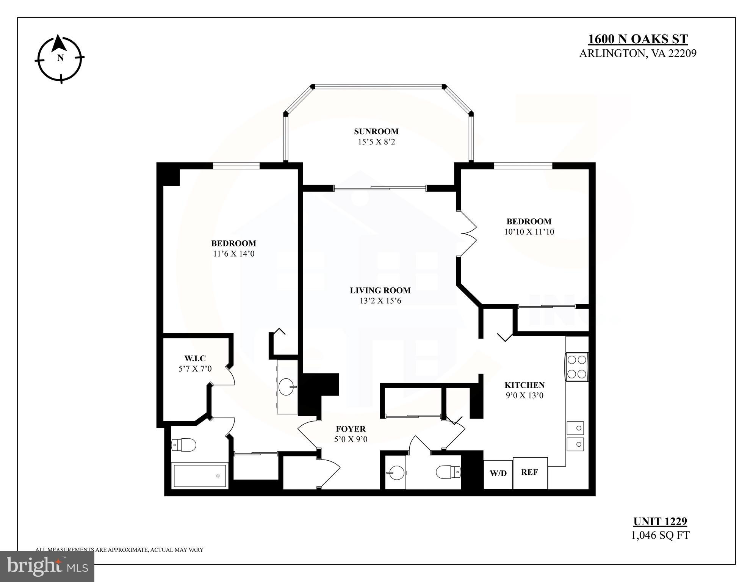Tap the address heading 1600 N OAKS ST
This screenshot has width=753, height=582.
pyautogui.click(x=638, y=39)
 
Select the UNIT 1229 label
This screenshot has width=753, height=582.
pyautogui.click(x=660, y=521)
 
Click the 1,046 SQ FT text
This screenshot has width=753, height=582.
pyautogui.click(x=660, y=535)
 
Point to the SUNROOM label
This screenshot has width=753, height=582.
pyautogui.click(x=376, y=132)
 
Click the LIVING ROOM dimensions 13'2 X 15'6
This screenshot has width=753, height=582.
pyautogui.click(x=380, y=301)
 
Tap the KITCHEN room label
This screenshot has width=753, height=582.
pyautogui.click(x=524, y=385)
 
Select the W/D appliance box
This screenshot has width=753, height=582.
pyautogui.click(x=498, y=473)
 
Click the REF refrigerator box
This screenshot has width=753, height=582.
pyautogui.click(x=530, y=472)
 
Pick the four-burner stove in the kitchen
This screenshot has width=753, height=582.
pyautogui.click(x=576, y=367)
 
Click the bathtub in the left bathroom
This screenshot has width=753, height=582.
pyautogui.click(x=200, y=476)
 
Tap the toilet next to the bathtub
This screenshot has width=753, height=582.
pyautogui.click(x=184, y=444)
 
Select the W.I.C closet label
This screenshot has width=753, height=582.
pyautogui.click(x=195, y=358)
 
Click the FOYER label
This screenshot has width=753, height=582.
pyautogui.click(x=351, y=429)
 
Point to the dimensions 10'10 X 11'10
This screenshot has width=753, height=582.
pyautogui.click(x=529, y=232)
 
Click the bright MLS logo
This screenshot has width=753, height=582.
pyautogui.click(x=47, y=566)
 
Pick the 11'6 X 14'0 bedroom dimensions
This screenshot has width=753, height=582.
pyautogui.click(x=234, y=254)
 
